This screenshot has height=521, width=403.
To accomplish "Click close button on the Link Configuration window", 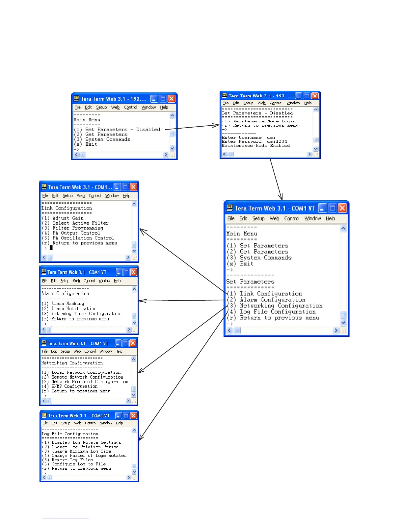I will pyautogui.click(x=133, y=187).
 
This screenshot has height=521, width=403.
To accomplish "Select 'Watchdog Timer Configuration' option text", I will pyautogui.click(x=86, y=314).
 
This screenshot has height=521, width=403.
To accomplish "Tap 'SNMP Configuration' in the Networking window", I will pyautogui.click(x=74, y=386).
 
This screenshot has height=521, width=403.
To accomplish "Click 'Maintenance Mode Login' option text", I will pyautogui.click(x=264, y=121).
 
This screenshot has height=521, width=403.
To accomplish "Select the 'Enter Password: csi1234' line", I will pyautogui.click(x=254, y=142).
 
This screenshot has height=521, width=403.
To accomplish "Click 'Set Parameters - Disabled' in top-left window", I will pyautogui.click(x=122, y=130).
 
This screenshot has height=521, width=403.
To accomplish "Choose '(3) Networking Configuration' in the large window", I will pyautogui.click(x=281, y=306).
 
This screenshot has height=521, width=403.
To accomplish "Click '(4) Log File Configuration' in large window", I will pyautogui.click(x=278, y=312).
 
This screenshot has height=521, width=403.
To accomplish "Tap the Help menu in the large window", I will pyautogui.click(x=330, y=219).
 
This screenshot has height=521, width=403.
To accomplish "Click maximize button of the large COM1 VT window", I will pyautogui.click(x=333, y=208).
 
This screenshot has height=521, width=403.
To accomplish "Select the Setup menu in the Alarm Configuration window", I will pyautogui.click(x=65, y=281).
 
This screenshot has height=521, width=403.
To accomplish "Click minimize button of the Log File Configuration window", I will pyautogui.click(x=118, y=416).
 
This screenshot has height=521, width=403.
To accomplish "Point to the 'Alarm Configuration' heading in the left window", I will pyautogui.click(x=65, y=293).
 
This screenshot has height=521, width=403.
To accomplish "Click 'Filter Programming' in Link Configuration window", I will pyautogui.click(x=78, y=228).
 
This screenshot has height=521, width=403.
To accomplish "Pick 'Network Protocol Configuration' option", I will pyautogui.click(x=90, y=382).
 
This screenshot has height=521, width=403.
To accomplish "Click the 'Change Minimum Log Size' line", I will pyautogui.click(x=81, y=451).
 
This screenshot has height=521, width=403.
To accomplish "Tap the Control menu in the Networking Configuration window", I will pyautogui.click(x=90, y=351).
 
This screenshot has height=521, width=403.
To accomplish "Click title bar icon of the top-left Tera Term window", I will pyautogui.click(x=76, y=98).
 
